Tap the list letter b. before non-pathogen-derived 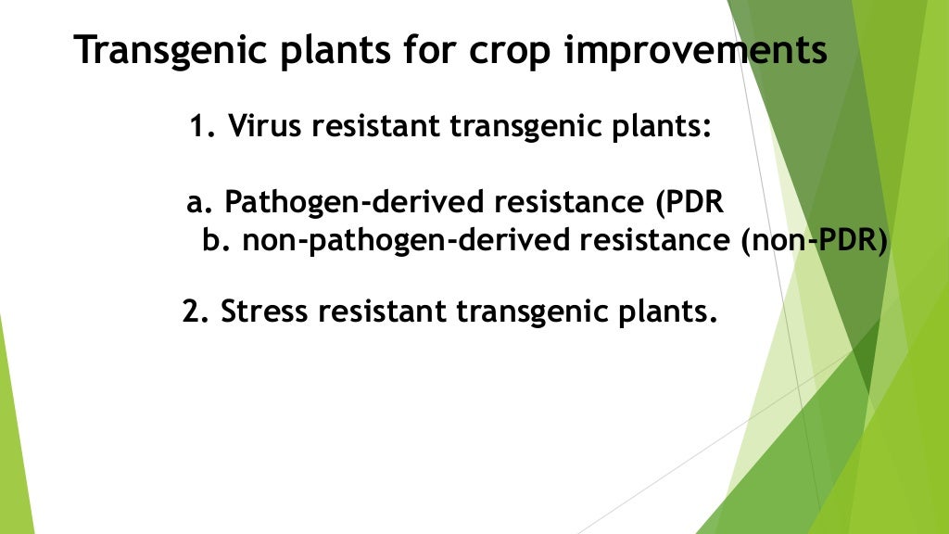click(217, 240)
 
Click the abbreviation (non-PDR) click(814, 240)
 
